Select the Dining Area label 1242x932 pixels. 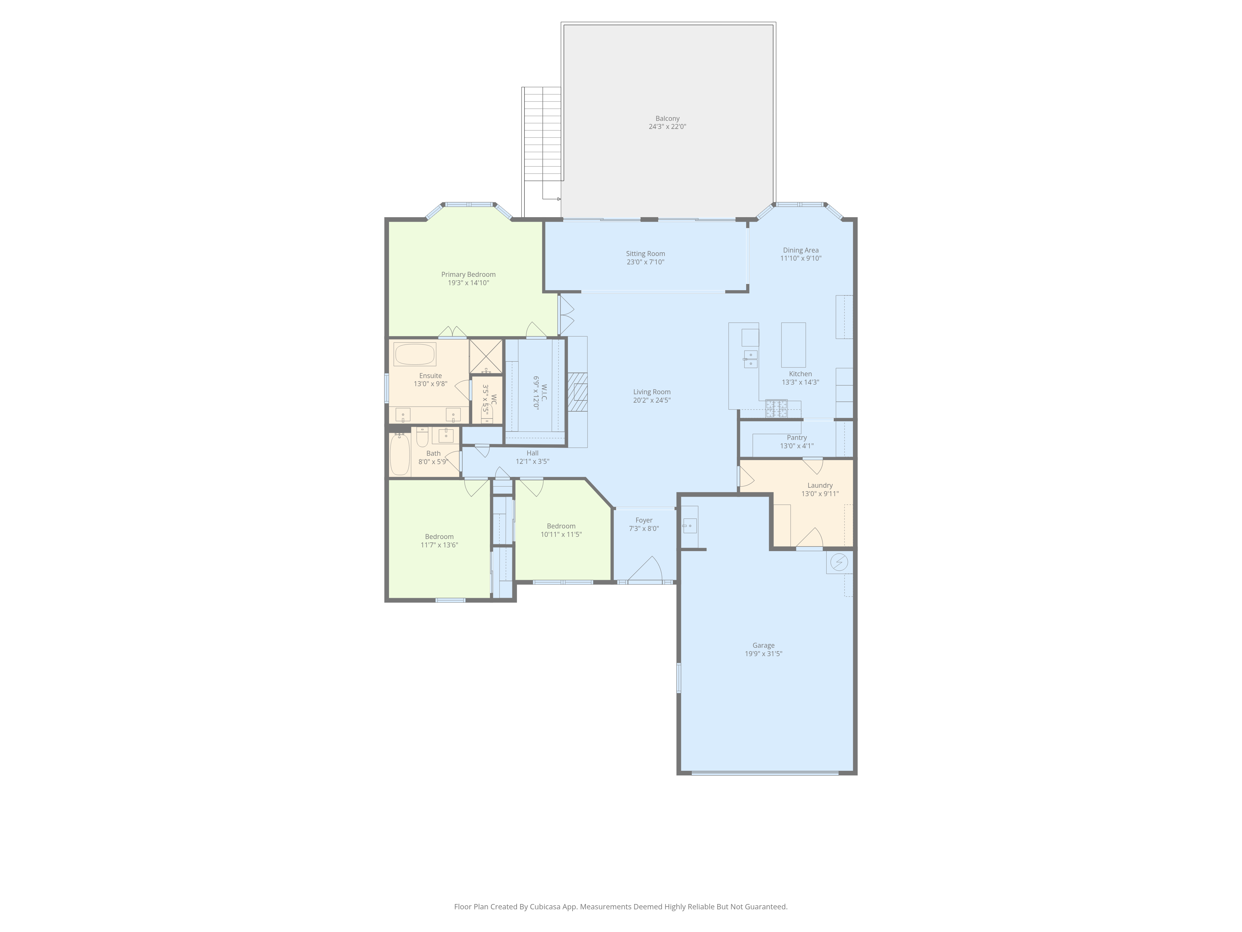[x=801, y=250]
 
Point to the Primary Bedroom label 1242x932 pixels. [x=468, y=274]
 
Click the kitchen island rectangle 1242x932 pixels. [x=793, y=345]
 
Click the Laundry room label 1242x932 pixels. [x=820, y=485]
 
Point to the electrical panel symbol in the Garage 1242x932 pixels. [x=839, y=562]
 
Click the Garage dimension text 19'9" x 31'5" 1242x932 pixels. [x=764, y=653]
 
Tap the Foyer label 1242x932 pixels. [x=644, y=520]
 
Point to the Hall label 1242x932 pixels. [x=532, y=453]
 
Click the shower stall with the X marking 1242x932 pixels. [x=486, y=357]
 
